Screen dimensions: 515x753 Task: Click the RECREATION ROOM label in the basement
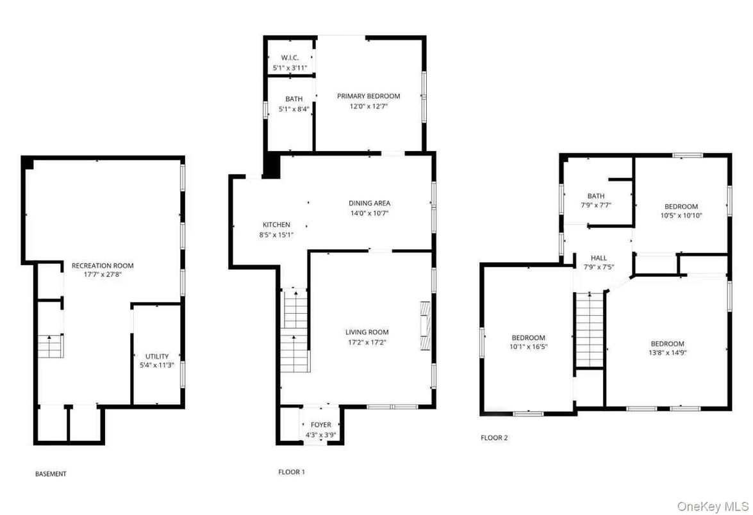pos(103,265)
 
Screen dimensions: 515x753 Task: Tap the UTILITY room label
pos(157,356)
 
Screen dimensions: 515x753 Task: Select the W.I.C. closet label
pos(290,58)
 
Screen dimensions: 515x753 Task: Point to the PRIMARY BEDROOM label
pos(368,96)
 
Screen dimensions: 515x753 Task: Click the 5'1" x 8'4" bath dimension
pos(294,109)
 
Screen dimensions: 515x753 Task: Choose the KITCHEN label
pos(276,225)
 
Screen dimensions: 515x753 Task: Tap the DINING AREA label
pos(369,204)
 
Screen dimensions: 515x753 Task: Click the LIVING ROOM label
pos(367,332)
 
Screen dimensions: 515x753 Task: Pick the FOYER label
pos(321,425)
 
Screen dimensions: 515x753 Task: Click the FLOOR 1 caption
pos(292,472)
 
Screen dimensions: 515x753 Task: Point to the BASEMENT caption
pos(51,474)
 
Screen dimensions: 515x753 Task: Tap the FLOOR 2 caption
pos(494,438)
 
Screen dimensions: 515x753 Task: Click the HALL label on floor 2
pos(599,258)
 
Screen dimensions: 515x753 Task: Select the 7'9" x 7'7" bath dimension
pos(596,206)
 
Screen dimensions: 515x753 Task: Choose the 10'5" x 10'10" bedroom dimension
pos(681,216)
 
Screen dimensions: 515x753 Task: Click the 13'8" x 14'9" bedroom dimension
pos(667,353)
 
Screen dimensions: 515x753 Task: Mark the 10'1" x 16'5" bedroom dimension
pos(528,347)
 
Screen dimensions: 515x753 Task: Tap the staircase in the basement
pos(50,346)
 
